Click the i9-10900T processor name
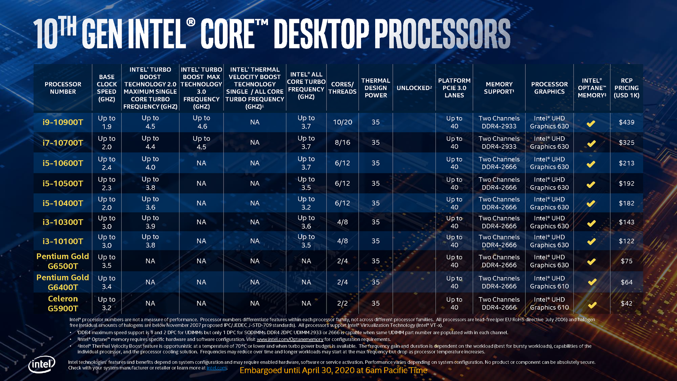coord(63,122)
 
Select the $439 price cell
coord(626,122)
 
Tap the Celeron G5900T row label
coord(63,303)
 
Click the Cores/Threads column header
coord(342,88)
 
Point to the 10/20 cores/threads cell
coord(342,122)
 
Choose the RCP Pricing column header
coord(626,88)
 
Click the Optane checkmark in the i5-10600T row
coord(591,164)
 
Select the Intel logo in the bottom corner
coord(42,364)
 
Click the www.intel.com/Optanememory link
coord(290,339)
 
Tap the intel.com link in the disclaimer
coord(216,368)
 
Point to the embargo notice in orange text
coord(333,370)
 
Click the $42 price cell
coord(626,303)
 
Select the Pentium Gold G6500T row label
coord(63,261)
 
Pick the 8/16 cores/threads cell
coord(342,143)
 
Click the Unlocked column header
coord(414,88)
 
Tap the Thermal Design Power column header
coord(376,88)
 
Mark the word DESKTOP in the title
coord(321,34)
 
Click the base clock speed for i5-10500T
coord(106,183)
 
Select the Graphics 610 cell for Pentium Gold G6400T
coord(549,282)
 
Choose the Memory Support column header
coord(499,88)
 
